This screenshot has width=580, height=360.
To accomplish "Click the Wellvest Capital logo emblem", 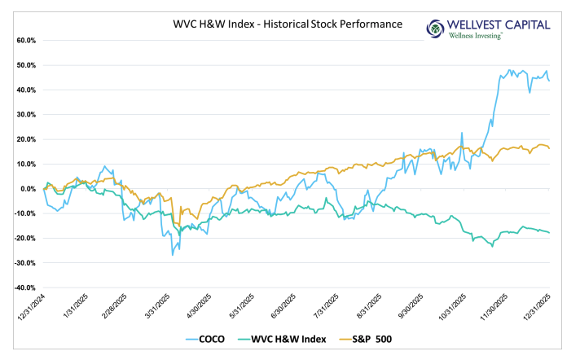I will click(x=437, y=29).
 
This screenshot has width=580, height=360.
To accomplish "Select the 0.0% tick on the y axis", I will click(x=27, y=189).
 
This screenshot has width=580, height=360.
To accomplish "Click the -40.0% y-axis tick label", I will click(x=24, y=288).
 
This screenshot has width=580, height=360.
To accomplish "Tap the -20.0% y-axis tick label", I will click(x=24, y=239).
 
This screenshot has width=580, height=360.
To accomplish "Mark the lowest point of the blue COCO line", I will click(x=172, y=255).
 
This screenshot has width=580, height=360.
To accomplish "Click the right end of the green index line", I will click(x=549, y=233).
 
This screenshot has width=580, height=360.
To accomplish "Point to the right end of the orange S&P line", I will click(x=549, y=147).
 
